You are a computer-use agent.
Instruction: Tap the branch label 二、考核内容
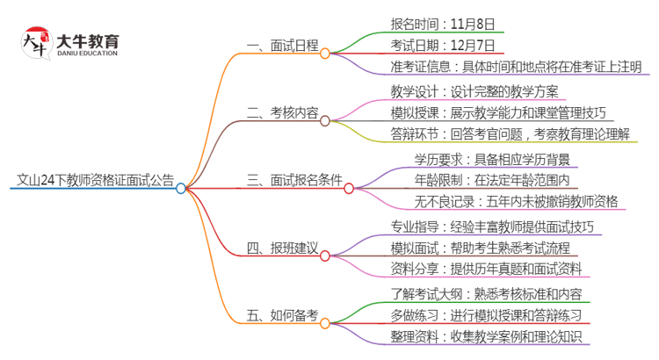[x=282, y=113]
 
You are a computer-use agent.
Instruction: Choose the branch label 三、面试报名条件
[x=294, y=181]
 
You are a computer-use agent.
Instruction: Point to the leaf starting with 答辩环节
[x=511, y=134]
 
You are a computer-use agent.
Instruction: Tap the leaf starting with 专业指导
[x=492, y=227]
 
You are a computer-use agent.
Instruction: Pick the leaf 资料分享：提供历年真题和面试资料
[x=491, y=269]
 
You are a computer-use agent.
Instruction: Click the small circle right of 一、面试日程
[x=325, y=54]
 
